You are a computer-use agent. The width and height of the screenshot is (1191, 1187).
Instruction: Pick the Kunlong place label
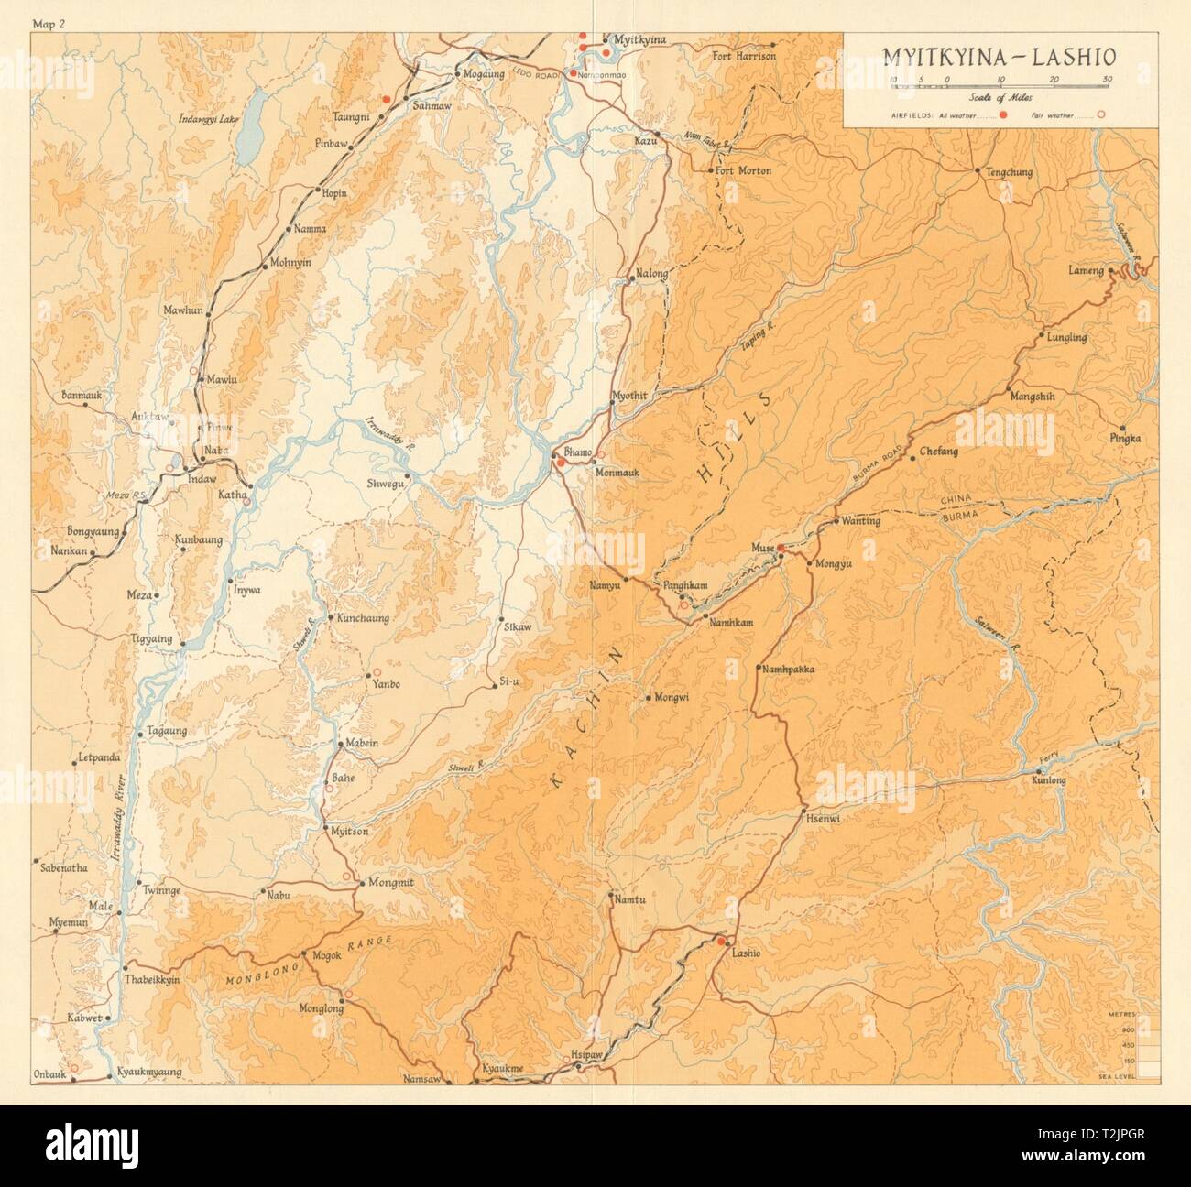click(1049, 780)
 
